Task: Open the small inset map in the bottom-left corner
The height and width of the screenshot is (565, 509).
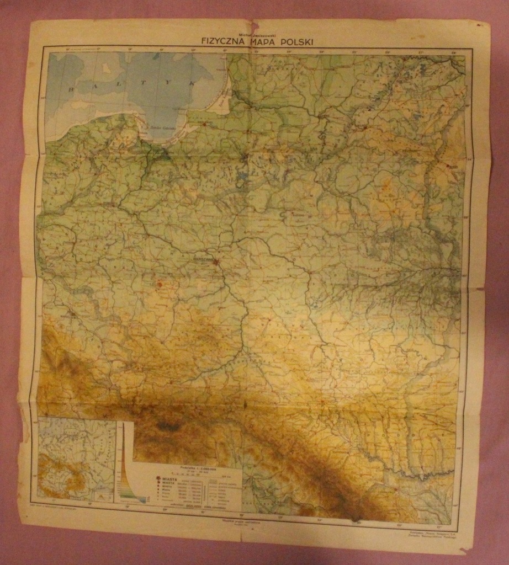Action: (x=76, y=459)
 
